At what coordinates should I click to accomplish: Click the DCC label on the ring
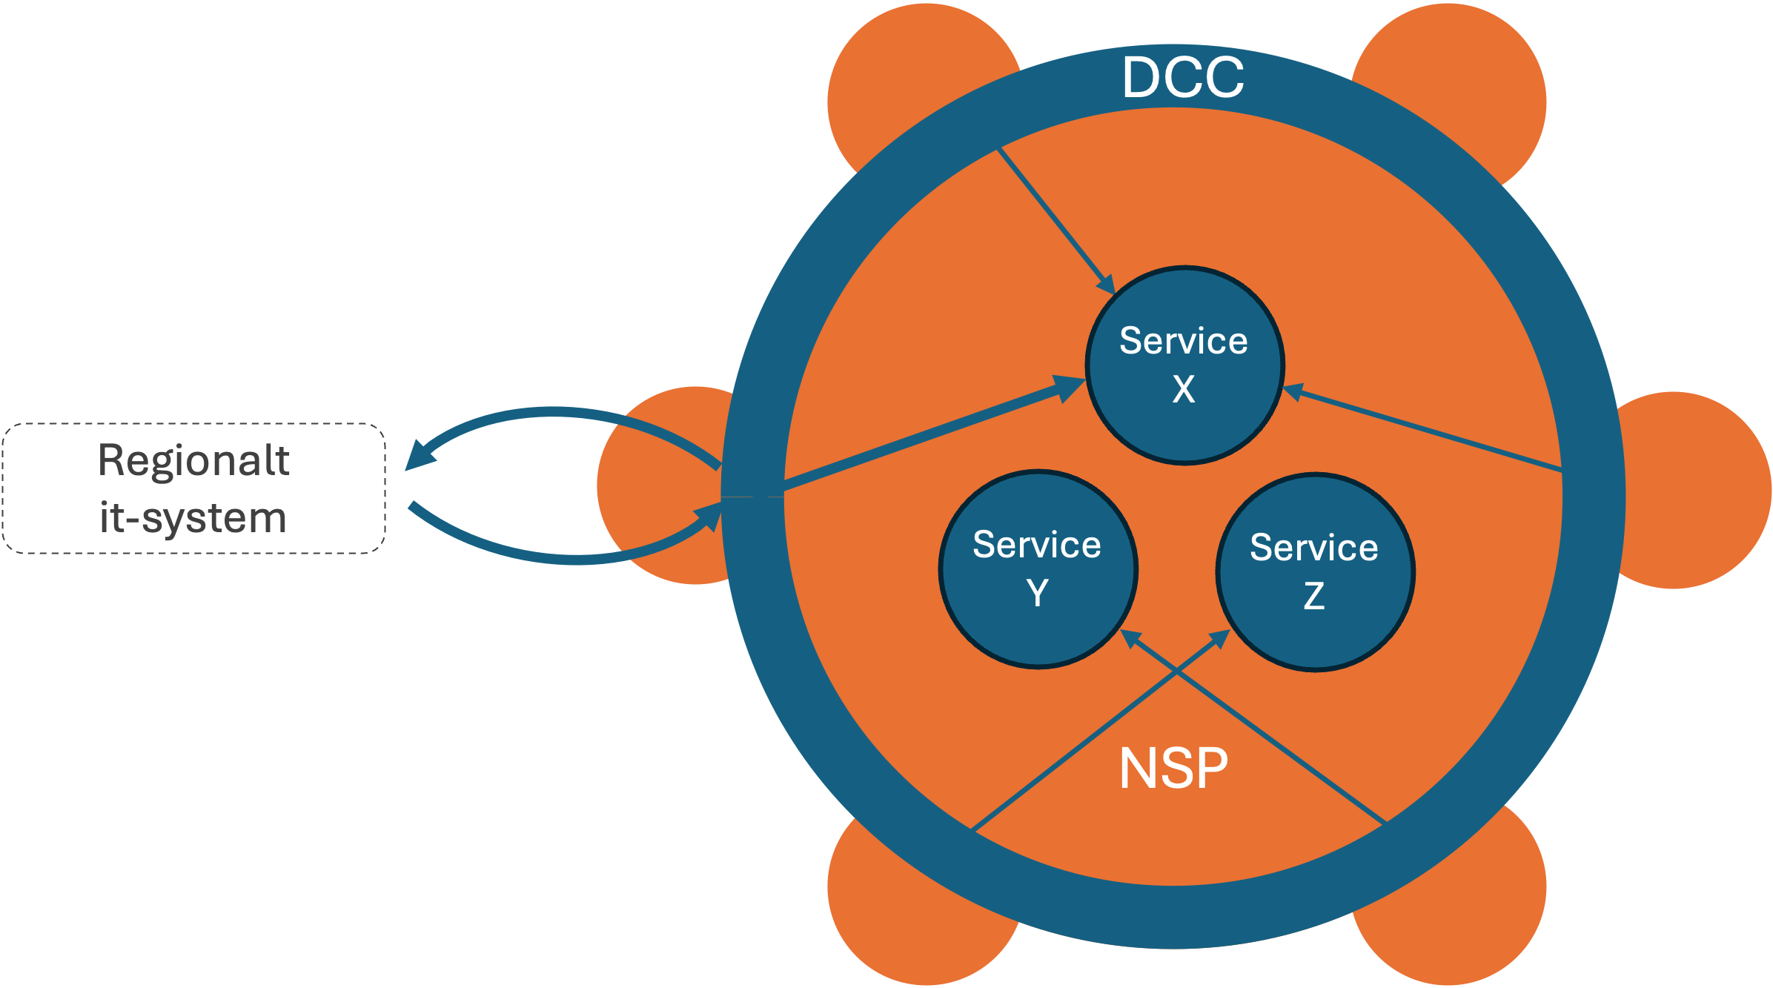pos(1183,77)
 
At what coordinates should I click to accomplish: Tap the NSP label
pos(1173,769)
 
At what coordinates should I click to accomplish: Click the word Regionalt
pos(193,460)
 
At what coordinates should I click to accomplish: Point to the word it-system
pos(193,517)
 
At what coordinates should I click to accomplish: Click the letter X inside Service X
pos(1184,389)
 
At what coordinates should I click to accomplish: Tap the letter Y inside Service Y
pos(1038,593)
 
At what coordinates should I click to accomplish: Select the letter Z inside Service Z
pos(1314,596)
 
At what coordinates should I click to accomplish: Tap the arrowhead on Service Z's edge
pos(1219,638)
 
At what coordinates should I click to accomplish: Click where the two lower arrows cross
pos(1177,672)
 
